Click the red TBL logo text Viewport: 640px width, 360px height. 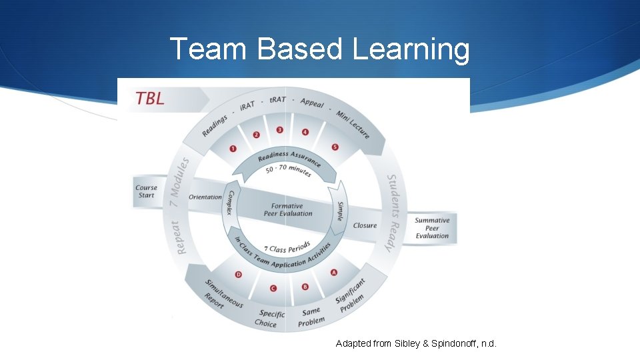coord(150,98)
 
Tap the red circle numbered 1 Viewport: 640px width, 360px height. coord(233,148)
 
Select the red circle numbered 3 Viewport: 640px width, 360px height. coord(279,130)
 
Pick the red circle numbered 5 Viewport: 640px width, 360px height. coord(335,147)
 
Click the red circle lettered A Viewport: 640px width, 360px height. coord(333,273)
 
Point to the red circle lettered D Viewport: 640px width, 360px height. coord(239,274)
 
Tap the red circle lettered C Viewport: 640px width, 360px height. coord(273,288)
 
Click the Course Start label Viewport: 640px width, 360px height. coord(146,191)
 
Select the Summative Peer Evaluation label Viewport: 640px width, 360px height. coord(432,228)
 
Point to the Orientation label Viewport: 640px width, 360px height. coord(205,197)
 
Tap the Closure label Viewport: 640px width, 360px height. coord(365,225)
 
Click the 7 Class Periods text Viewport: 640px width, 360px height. coord(287,246)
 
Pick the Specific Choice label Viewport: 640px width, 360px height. coord(270,318)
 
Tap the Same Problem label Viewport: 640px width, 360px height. coord(311,317)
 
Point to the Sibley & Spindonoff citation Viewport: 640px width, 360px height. coord(416,343)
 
